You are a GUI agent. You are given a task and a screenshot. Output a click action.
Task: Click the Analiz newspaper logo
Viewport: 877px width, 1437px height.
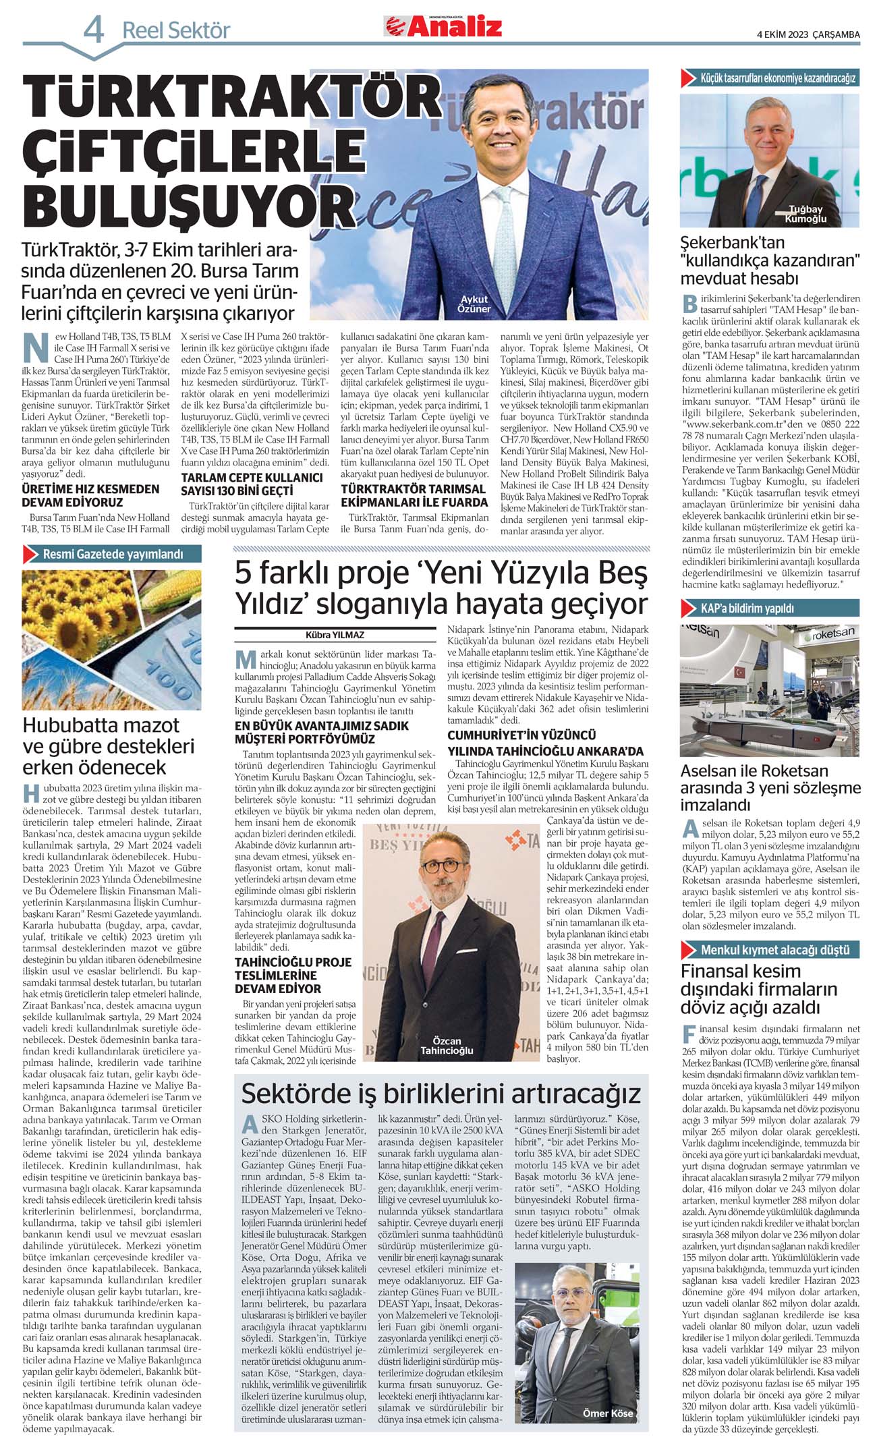click(x=443, y=27)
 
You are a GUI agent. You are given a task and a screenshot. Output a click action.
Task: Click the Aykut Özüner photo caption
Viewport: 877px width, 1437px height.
click(x=474, y=304)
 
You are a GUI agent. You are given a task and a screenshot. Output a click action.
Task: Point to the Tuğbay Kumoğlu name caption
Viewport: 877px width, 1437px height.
click(x=805, y=214)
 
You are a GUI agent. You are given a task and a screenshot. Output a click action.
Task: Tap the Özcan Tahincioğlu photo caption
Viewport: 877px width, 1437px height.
click(x=447, y=1045)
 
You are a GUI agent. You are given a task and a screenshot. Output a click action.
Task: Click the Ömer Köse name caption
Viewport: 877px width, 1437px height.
click(x=607, y=1413)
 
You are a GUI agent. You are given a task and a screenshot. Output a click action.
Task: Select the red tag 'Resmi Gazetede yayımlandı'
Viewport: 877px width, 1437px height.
click(x=113, y=555)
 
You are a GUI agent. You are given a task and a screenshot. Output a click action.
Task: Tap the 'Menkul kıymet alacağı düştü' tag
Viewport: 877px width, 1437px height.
click(x=775, y=949)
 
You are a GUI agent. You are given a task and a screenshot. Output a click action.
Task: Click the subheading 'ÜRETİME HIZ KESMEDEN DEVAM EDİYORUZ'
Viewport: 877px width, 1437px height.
click(x=90, y=495)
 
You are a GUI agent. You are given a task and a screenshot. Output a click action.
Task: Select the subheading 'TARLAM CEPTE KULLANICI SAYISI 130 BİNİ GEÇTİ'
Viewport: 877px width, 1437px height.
click(x=252, y=484)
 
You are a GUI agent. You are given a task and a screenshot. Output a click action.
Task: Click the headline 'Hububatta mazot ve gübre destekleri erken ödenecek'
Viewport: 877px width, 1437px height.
click(x=108, y=745)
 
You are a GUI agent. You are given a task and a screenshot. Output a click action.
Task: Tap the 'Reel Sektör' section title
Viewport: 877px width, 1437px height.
click(x=176, y=30)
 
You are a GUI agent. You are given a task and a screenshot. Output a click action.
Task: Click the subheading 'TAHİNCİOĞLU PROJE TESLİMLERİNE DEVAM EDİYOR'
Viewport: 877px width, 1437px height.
click(x=292, y=975)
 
